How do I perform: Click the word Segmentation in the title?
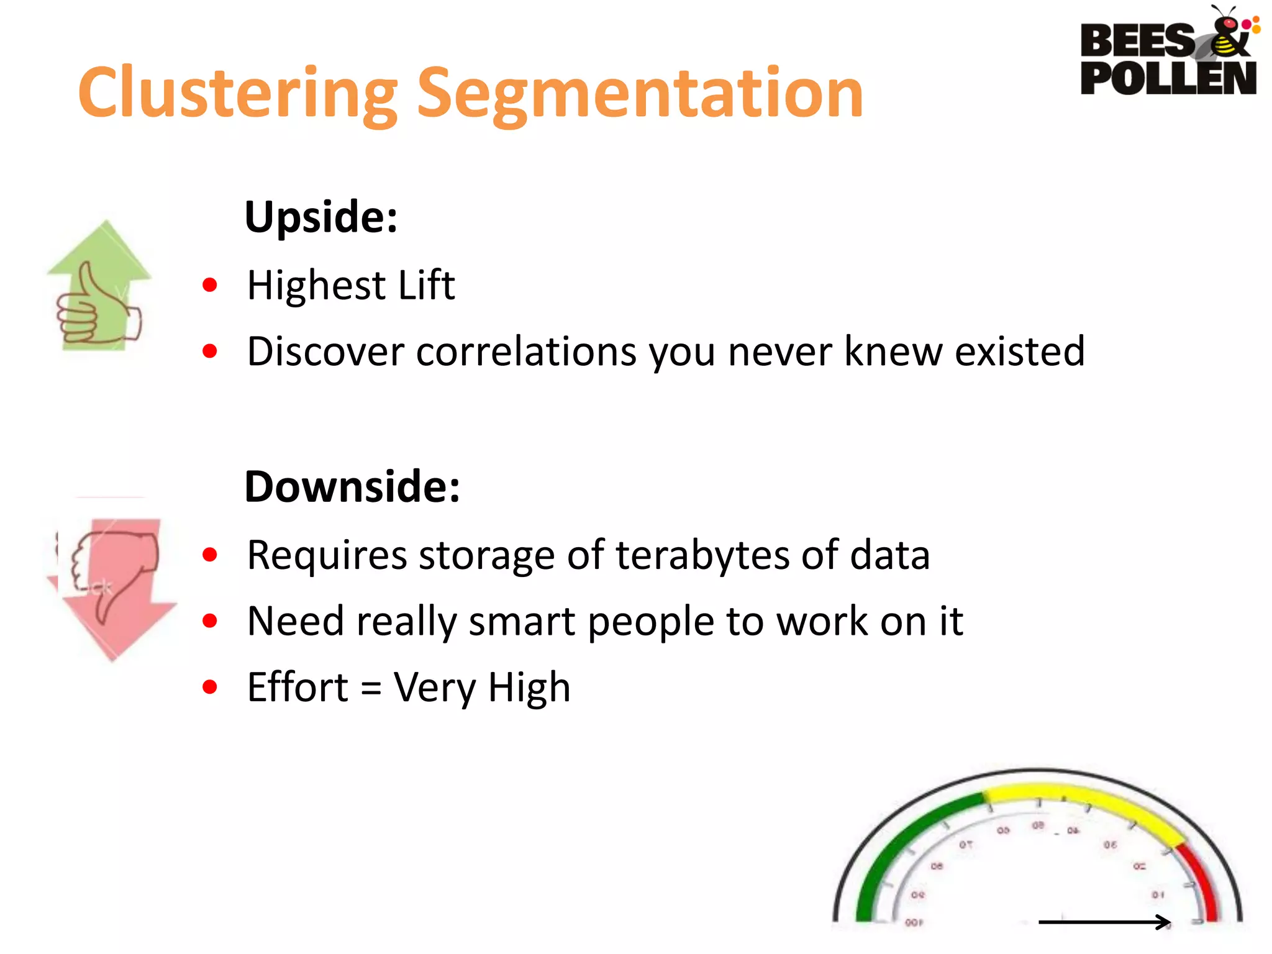tap(640, 93)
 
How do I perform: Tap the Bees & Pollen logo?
tap(1168, 53)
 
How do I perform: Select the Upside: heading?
tap(320, 217)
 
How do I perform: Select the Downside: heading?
tap(352, 486)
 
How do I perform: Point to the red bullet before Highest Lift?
tap(210, 285)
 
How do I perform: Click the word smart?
tap(522, 621)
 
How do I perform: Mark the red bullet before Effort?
tap(210, 687)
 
